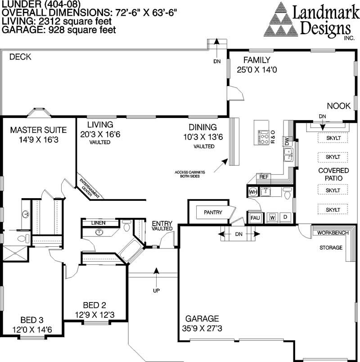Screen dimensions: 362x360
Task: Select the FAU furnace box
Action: click(x=255, y=218)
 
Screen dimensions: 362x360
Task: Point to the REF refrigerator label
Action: click(x=264, y=177)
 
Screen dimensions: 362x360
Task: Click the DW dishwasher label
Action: click(x=287, y=142)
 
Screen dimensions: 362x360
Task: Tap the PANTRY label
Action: click(x=213, y=212)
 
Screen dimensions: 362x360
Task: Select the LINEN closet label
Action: click(x=98, y=223)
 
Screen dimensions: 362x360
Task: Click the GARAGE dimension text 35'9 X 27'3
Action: click(x=201, y=329)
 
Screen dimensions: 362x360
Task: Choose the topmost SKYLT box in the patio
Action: click(x=333, y=138)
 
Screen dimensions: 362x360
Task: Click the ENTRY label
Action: click(x=162, y=223)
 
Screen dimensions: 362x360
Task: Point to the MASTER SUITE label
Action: click(x=39, y=130)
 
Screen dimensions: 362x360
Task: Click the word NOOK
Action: click(x=338, y=106)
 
